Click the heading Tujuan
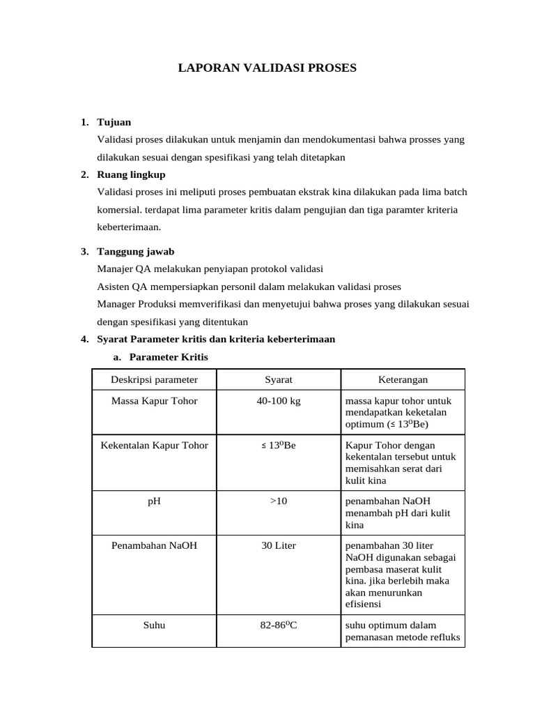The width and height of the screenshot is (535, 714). point(114,122)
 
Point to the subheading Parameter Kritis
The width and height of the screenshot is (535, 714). point(168,357)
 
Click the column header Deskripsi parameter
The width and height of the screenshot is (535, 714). point(154,379)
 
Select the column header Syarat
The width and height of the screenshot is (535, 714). point(278,379)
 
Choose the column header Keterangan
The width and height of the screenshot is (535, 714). point(403,379)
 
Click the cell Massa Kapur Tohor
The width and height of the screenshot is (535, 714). point(154,401)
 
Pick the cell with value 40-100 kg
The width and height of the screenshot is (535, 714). point(278,401)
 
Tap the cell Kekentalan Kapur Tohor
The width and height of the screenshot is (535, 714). point(154,445)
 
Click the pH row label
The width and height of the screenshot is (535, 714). point(154,501)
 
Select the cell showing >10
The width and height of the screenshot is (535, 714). point(278,501)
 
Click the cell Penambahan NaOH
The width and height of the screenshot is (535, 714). point(154,545)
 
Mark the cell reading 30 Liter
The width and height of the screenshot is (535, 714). point(278,545)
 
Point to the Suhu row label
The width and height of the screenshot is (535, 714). point(154,625)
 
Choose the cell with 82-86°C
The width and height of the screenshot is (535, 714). point(278,625)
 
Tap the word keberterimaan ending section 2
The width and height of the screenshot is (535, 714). point(130,227)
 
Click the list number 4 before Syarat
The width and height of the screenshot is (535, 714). point(84,340)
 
